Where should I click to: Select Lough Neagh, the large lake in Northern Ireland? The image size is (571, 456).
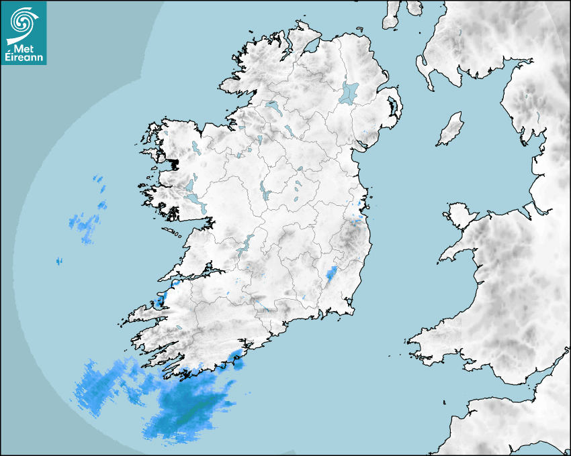tap(349, 92)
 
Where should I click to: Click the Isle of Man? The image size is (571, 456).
tap(451, 129)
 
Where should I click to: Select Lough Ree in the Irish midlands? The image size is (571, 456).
tap(263, 192)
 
